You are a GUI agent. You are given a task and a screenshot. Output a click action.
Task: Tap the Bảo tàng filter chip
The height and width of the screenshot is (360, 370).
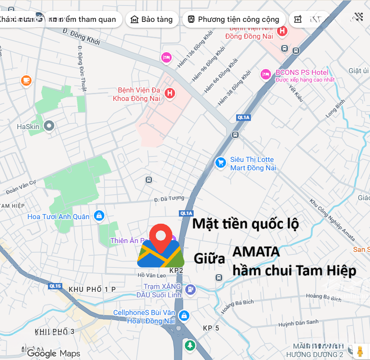[x=152, y=19]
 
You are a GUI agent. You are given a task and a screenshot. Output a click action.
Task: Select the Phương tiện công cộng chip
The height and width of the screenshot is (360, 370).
[x=234, y=19]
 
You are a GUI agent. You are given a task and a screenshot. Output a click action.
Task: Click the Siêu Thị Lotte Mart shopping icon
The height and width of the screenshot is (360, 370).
[x=220, y=163]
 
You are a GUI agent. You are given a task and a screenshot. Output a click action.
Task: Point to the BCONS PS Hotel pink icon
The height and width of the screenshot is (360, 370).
[x=265, y=74]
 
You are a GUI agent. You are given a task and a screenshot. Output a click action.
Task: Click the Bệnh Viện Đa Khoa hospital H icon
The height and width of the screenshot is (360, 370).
[x=170, y=93]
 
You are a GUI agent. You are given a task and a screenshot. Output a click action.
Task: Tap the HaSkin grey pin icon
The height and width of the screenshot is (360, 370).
[x=49, y=125]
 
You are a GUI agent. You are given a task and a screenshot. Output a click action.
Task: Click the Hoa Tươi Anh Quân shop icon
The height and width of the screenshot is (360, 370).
[x=99, y=216]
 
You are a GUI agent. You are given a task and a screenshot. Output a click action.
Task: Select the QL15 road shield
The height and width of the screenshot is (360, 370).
[x=55, y=286]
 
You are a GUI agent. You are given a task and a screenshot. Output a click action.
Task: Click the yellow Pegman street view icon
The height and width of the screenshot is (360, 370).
[x=359, y=350]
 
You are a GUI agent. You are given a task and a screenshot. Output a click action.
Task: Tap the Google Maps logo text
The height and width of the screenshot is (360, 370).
[x=54, y=353]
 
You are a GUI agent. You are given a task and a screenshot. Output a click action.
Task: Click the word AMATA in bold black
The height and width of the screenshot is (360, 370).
[x=256, y=251]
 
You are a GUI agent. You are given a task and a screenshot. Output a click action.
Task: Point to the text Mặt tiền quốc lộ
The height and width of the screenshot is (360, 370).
[x=245, y=224]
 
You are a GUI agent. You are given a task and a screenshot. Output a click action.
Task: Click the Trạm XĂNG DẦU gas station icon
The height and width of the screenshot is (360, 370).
[x=191, y=289]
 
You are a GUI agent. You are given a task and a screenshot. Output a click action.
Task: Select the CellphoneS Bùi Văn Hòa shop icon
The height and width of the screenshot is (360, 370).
[x=184, y=315]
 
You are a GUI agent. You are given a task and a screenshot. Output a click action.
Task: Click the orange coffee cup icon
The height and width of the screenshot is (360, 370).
[x=26, y=80]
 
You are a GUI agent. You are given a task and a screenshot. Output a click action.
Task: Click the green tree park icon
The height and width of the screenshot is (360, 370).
[x=190, y=345]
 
